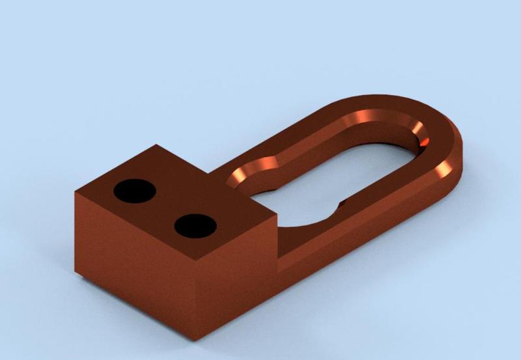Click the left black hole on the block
tap(135, 190)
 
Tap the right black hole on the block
tap(195, 225)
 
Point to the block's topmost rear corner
tap(156, 145)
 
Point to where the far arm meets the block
tap(212, 174)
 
